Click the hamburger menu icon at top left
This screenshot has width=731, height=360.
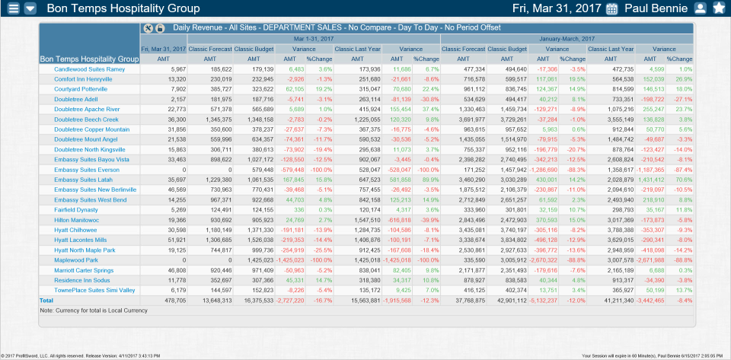[x=11, y=8]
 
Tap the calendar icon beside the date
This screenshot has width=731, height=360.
[x=611, y=9]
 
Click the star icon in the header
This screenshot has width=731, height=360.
[x=719, y=9]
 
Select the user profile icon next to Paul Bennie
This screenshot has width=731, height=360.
[x=701, y=9]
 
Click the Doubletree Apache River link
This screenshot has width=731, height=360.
[x=87, y=109]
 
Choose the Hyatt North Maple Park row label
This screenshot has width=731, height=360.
[x=85, y=250]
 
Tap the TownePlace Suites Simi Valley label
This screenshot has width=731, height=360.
[x=94, y=290]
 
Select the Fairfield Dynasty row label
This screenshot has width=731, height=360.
[x=76, y=209]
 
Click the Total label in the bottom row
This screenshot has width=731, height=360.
[x=47, y=301]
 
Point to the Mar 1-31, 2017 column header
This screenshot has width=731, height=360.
[x=313, y=38]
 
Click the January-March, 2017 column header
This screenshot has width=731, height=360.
[x=567, y=38]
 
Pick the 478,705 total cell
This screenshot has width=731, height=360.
[x=175, y=301]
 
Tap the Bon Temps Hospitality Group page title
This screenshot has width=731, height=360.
[x=123, y=9]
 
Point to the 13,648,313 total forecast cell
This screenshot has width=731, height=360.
[x=216, y=301]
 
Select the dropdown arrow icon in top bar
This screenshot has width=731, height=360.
[x=30, y=8]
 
